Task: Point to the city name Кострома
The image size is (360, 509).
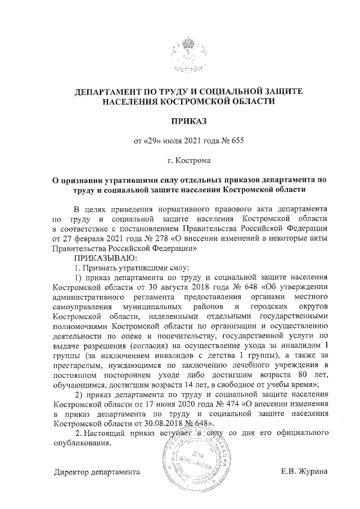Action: pyautogui.click(x=193, y=161)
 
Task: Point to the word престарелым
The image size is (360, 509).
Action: pyautogui.click(x=78, y=364)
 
